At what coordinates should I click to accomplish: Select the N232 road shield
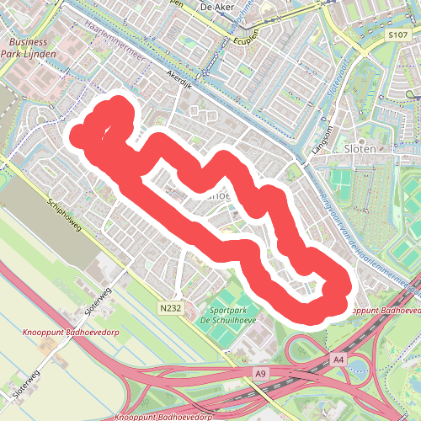(x=168, y=310)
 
